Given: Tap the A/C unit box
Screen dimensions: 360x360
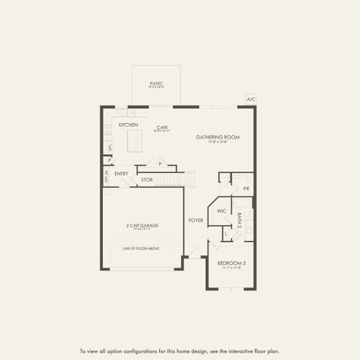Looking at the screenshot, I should coord(251,99).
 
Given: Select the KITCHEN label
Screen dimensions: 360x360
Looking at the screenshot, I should coord(128,125).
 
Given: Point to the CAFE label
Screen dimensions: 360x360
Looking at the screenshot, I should coord(162,127).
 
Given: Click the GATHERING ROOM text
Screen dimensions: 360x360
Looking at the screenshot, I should coord(217,137).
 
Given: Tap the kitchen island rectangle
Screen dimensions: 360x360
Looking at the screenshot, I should coord(136,141).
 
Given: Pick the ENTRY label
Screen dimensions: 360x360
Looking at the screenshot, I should coord(121,174).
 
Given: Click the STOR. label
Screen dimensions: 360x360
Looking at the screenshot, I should coord(147,179).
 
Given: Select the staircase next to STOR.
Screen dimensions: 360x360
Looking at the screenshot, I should coord(179,179).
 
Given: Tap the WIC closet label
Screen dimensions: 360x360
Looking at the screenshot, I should coord(221,211).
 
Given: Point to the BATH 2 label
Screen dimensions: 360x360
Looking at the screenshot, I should coord(239,221).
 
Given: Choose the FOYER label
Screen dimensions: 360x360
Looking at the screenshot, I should coord(196,220).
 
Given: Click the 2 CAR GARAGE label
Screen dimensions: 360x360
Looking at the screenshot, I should coord(142,225).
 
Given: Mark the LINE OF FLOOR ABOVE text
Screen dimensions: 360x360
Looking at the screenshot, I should coord(142,248).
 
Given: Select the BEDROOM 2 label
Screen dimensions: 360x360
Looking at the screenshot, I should coord(231,263).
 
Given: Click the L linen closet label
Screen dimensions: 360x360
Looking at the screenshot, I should coord(226,233).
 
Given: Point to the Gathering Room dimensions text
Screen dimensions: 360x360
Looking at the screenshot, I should coord(217,142).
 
